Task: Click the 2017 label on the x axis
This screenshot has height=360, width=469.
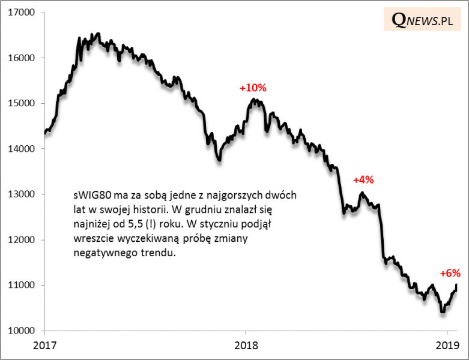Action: click(x=45, y=346)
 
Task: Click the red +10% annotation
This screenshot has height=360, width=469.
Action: click(x=253, y=88)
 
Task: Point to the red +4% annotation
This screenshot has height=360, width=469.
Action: click(x=363, y=179)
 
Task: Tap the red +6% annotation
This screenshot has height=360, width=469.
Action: click(x=450, y=273)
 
